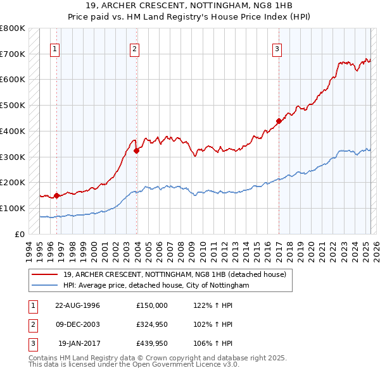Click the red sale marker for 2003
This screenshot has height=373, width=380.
coord(136,150)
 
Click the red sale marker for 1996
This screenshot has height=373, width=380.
coord(56,195)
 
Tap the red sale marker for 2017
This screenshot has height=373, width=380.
coord(279,121)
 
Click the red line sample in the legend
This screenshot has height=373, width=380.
coord(45,274)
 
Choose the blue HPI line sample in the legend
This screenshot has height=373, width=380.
coord(45,286)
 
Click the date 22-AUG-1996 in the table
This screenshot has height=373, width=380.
coord(77,305)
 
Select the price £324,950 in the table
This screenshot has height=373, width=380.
coord(152,324)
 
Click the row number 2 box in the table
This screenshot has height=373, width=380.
coord(32,324)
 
